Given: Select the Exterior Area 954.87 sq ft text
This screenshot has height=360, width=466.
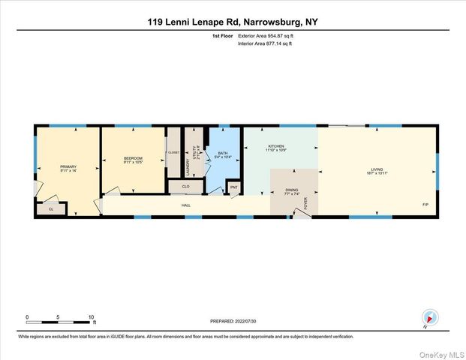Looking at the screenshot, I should click(x=265, y=36).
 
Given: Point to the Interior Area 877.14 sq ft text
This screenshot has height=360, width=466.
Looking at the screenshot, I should click(x=264, y=44).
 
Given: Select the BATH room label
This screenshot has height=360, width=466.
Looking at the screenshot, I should click(x=223, y=155).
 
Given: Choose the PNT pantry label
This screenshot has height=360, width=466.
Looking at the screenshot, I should click(x=233, y=187).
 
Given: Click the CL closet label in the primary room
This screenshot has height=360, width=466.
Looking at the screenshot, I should click(x=51, y=210).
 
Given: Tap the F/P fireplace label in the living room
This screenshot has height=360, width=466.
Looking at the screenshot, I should click(x=425, y=205).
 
